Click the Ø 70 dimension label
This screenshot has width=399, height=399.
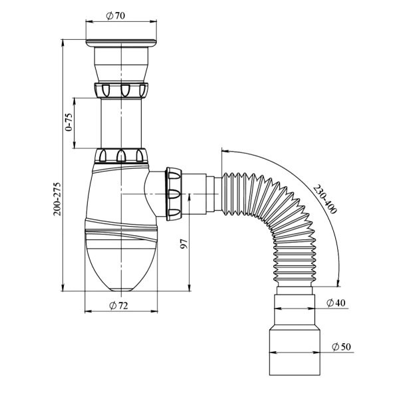[116, 16]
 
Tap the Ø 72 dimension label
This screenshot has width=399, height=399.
[118, 305]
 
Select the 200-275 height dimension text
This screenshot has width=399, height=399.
[57, 199]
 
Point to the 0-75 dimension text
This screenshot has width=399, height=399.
[68, 122]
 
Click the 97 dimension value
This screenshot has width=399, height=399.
[184, 244]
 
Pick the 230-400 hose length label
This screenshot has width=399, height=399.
[325, 199]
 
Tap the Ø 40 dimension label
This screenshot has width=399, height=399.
[336, 303]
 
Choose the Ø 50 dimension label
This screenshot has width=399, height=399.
[341, 346]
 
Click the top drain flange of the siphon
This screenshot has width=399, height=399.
[121, 43]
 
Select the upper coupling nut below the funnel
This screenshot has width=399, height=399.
[122, 90]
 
